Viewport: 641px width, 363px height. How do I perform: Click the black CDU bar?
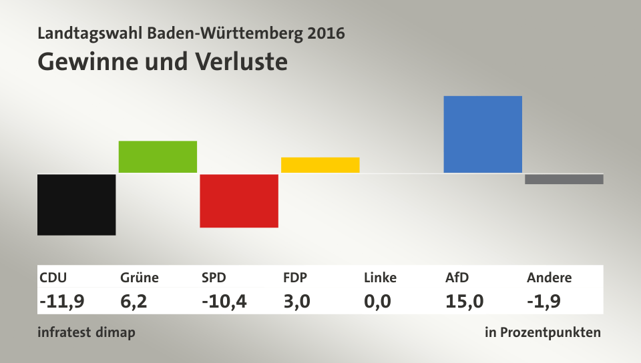[76, 204]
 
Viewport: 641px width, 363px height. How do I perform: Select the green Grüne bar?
[158, 157]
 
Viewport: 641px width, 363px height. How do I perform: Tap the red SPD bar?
[239, 200]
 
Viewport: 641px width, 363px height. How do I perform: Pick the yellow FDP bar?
[320, 165]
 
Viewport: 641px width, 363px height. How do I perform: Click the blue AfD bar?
[483, 134]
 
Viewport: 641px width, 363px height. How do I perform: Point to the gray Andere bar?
[564, 179]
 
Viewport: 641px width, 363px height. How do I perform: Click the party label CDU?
[53, 278]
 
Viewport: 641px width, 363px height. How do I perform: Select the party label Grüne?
[140, 278]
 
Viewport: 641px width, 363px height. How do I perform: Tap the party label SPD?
[214, 278]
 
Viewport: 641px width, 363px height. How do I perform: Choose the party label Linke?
[380, 278]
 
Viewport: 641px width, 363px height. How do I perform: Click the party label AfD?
[457, 278]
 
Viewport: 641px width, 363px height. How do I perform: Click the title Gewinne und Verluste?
[162, 61]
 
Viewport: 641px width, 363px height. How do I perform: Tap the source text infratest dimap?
[86, 332]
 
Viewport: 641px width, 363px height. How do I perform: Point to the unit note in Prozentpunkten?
[543, 332]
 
